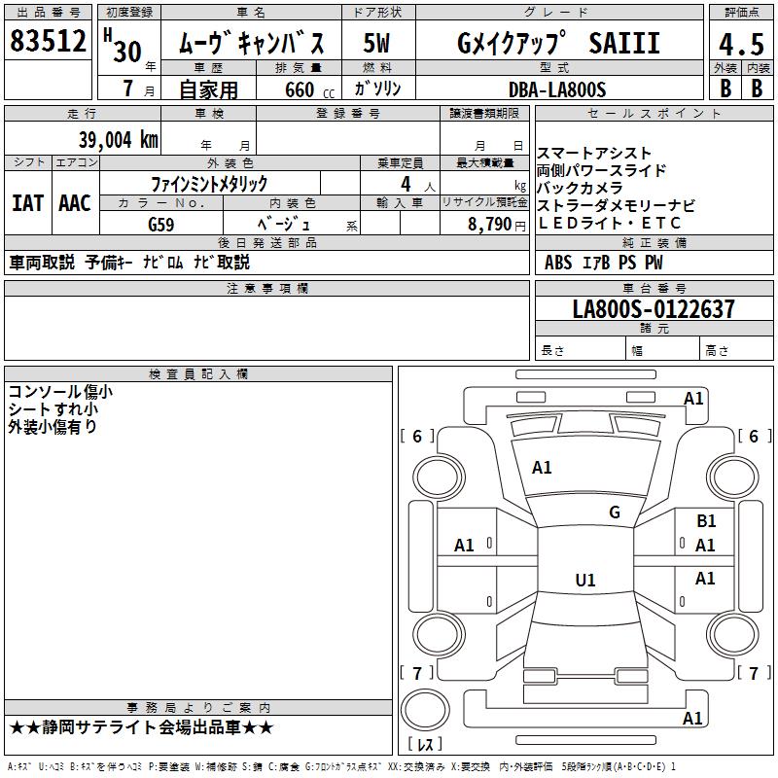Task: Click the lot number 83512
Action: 49,42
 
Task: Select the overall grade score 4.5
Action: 741,45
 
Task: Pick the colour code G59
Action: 163,224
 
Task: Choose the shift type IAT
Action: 27,203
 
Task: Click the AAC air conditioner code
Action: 75,203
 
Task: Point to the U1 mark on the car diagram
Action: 585,580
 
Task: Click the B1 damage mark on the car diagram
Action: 706,522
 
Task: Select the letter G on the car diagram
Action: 615,512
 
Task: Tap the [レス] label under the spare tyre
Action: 424,745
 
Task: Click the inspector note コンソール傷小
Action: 60,392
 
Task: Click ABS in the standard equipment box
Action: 558,263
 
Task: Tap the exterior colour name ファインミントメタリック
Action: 209,183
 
